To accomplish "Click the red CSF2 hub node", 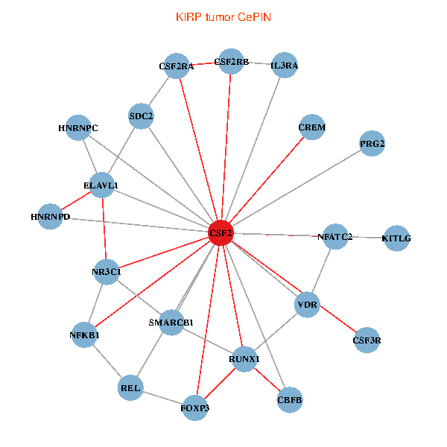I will (221, 232).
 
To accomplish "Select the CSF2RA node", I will (176, 66).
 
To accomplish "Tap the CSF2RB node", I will (231, 62).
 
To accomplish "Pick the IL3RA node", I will (285, 66).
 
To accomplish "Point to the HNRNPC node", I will (78, 127).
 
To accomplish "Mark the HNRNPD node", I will (51, 217).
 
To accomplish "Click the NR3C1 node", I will (106, 272).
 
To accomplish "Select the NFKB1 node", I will (85, 335).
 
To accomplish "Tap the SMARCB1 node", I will (171, 322).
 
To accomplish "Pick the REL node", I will (130, 388).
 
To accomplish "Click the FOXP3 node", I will (195, 408).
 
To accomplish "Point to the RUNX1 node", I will (244, 359).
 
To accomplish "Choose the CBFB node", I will (290, 400).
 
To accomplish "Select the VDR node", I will (308, 305).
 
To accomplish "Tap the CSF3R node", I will (367, 340).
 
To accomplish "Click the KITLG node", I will (396, 238).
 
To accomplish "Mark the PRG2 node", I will (372, 143).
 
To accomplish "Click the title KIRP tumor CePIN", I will (223, 16).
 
